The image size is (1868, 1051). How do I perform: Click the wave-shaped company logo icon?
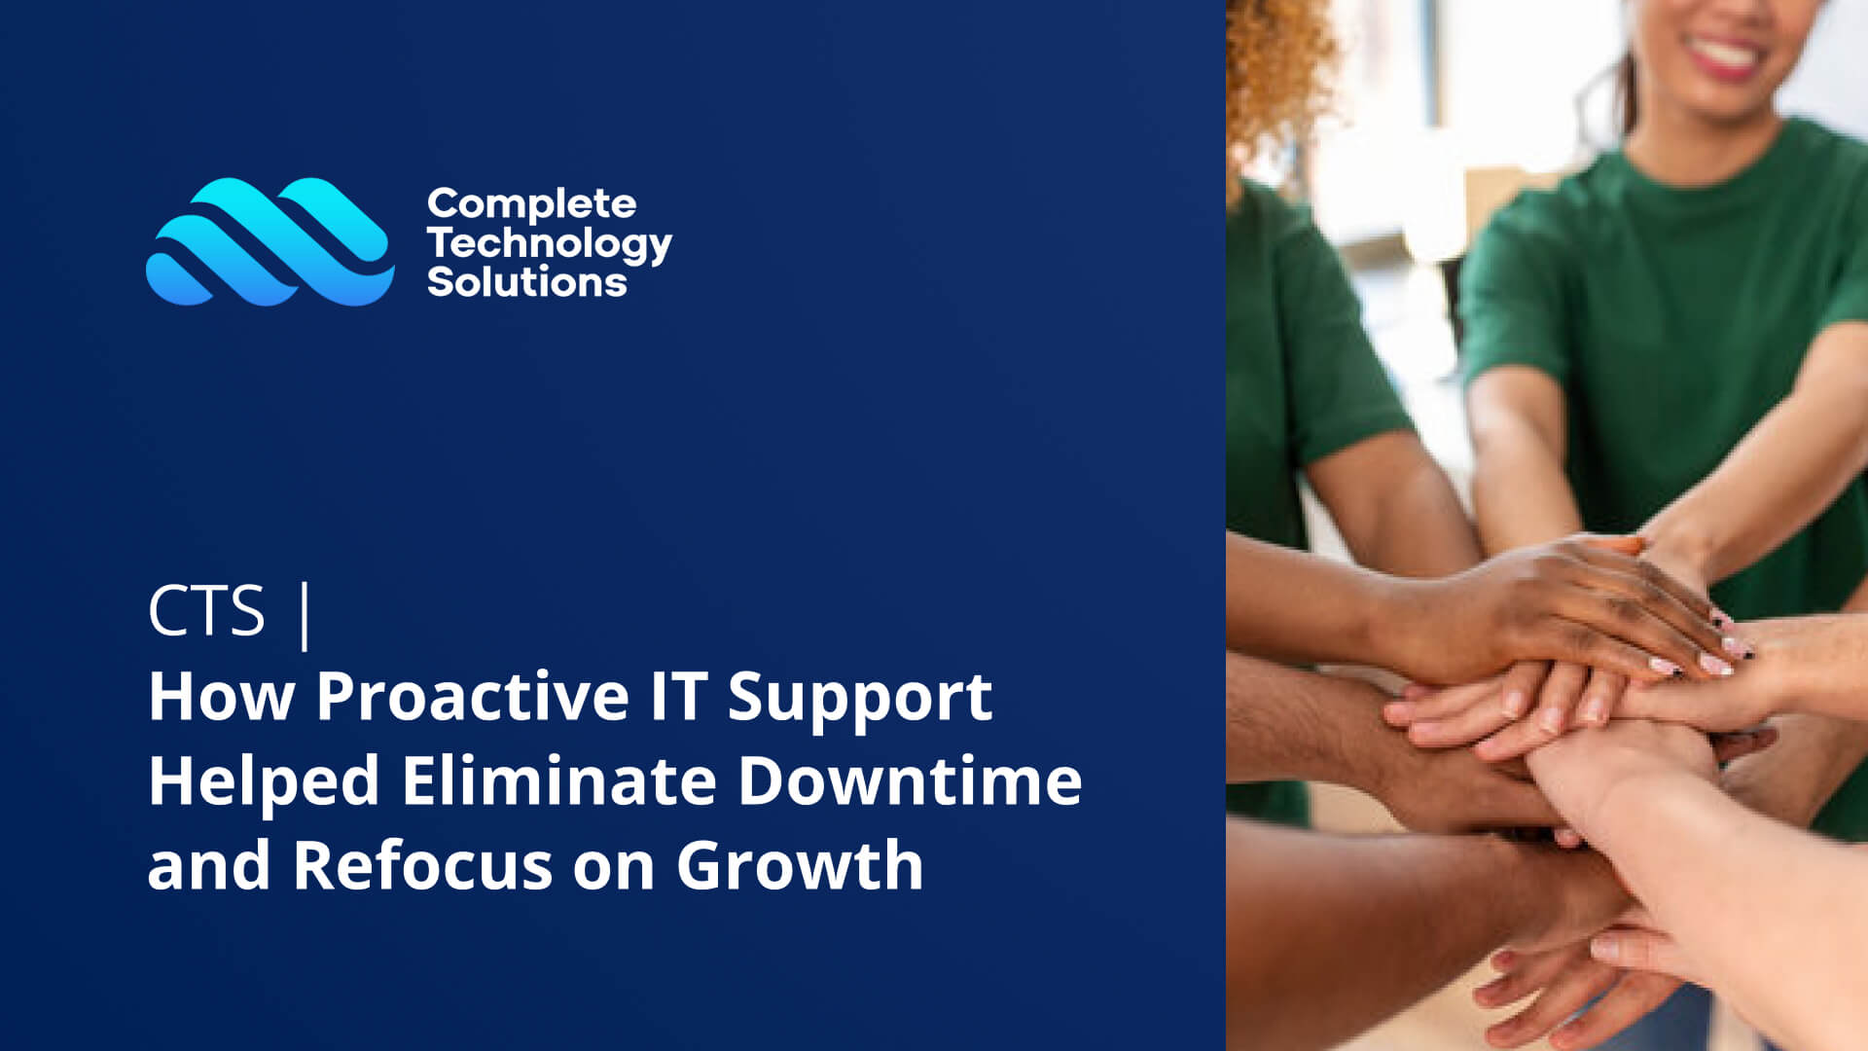(x=270, y=241)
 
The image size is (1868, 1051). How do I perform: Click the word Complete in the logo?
(x=531, y=204)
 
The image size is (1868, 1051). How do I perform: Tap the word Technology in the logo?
(x=550, y=244)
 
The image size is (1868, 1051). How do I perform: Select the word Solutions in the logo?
(x=527, y=282)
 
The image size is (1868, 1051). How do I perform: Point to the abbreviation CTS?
(x=206, y=611)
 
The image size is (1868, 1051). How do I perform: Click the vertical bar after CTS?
(x=306, y=615)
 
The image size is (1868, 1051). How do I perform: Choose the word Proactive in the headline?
(x=473, y=698)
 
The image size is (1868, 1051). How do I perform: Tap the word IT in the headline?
(x=679, y=697)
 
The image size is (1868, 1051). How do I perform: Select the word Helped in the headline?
(x=264, y=781)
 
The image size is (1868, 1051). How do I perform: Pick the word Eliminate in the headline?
(x=559, y=781)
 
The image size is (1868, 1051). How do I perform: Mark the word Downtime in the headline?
(x=910, y=781)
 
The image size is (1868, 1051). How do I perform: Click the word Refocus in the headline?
(x=422, y=866)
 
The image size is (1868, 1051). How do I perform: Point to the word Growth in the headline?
(x=800, y=866)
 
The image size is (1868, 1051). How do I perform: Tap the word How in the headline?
(x=221, y=698)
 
